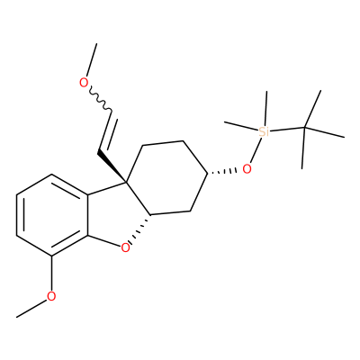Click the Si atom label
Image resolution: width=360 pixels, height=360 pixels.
coord(264,131)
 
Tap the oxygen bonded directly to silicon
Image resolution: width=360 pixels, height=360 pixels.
coord(247,169)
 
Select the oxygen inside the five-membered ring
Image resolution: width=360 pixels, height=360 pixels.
coord(126,247)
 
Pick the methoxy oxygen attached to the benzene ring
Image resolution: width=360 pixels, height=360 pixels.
coord(51,296)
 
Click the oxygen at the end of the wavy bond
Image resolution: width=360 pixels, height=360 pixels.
coord(84,82)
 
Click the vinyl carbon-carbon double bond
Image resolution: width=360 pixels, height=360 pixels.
coord(105,132)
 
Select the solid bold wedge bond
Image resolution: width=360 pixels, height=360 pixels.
coord(112,167)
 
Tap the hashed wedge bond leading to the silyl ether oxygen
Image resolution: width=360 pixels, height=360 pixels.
coord(222,172)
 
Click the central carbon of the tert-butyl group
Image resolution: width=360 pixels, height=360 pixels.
coord(303,128)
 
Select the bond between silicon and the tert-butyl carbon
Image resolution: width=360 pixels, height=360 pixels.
coord(286,130)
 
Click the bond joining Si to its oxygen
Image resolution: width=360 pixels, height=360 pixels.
coord(256,150)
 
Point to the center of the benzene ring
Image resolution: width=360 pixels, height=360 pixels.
coord(52,215)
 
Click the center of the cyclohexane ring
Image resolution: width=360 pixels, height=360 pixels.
coord(166,178)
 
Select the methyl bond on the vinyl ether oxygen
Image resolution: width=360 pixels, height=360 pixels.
coord(92,60)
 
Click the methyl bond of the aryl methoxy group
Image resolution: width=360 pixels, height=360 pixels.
coord(32,308)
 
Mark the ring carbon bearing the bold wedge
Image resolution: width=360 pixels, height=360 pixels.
coord(126,182)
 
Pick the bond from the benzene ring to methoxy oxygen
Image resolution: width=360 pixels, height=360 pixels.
coord(52,274)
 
